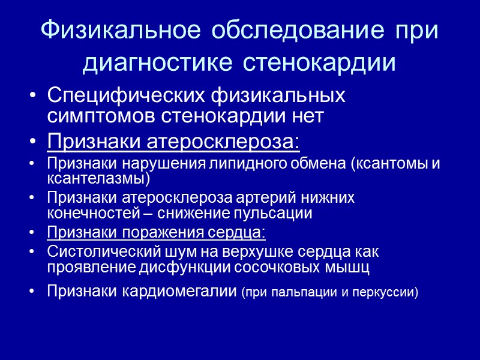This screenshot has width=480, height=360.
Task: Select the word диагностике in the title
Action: click(x=159, y=64)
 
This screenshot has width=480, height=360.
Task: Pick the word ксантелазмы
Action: click(x=96, y=179)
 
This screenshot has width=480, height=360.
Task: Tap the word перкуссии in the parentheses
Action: click(x=385, y=292)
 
